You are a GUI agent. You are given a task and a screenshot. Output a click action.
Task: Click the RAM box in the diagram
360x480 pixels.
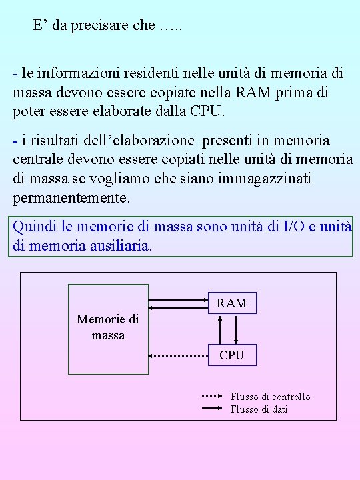[231, 303]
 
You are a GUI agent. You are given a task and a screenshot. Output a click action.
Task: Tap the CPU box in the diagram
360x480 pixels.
[231, 355]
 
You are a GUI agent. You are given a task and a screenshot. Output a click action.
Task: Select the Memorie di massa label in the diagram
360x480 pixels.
[108, 327]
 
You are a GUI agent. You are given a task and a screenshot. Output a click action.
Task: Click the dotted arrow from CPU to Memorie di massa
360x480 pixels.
[179, 356]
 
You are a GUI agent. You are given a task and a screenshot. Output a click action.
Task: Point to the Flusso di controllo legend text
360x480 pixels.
[270, 397]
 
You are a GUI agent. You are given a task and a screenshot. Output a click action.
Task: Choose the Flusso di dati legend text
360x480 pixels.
[259, 409]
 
